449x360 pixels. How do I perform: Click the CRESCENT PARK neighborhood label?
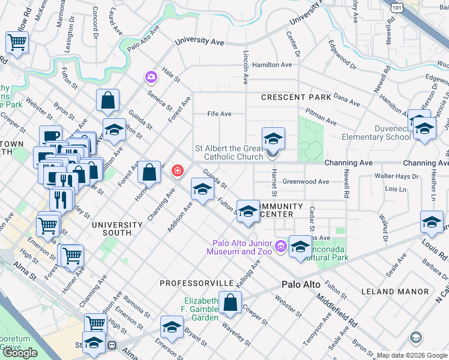pyautogui.click(x=296, y=97)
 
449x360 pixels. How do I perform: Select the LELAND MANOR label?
pyautogui.click(x=396, y=292)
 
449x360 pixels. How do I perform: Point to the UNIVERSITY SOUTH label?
pyautogui.click(x=117, y=225)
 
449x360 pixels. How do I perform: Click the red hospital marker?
pyautogui.click(x=177, y=172)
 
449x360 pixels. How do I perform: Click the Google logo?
pyautogui.click(x=20, y=352)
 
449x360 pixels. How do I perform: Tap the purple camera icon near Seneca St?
pyautogui.click(x=150, y=77)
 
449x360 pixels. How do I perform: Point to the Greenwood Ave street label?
pyautogui.click(x=306, y=181)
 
